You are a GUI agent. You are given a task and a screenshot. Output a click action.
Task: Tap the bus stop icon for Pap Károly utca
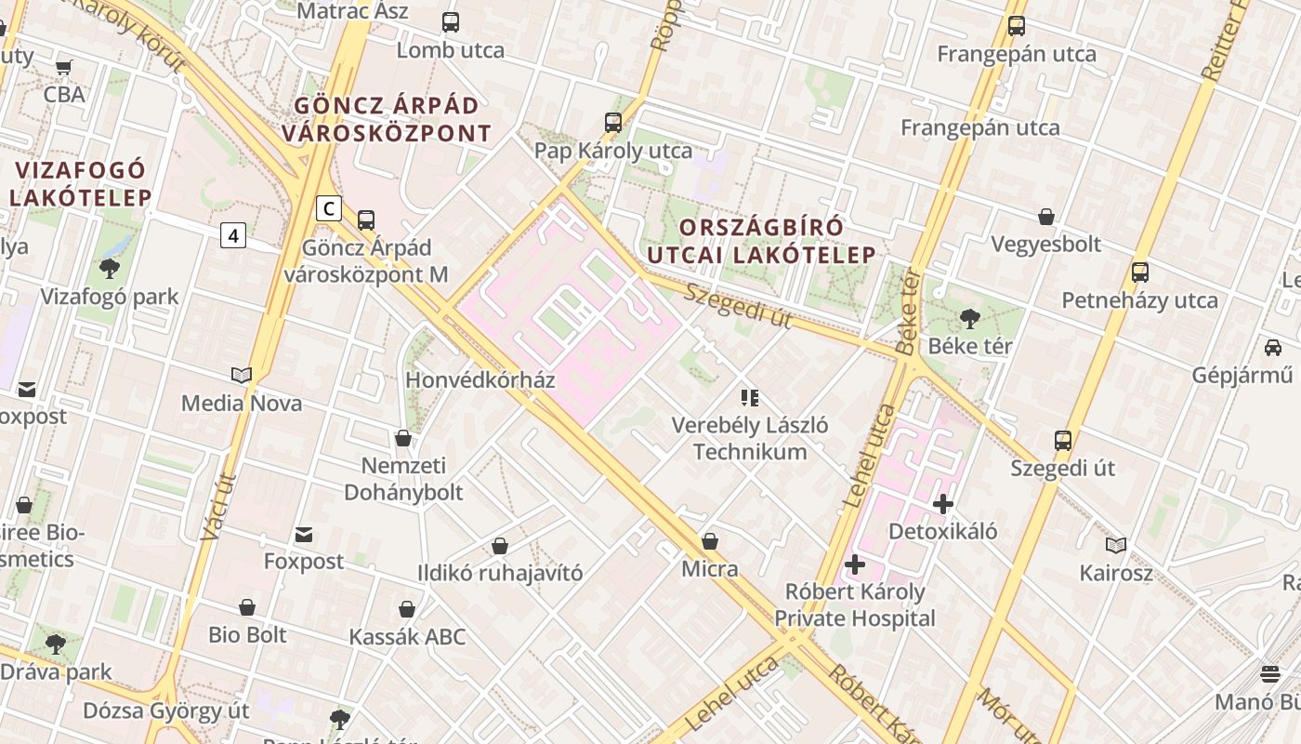pos(612,123)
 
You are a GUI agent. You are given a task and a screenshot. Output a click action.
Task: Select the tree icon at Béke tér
pos(969,319)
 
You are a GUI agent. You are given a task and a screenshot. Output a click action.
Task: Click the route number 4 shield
pos(233,236)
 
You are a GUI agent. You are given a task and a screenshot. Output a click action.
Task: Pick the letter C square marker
pos(328,208)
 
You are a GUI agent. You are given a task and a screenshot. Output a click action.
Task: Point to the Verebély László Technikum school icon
pos(750,398)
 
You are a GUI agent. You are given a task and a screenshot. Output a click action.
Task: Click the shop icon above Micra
pos(710,541)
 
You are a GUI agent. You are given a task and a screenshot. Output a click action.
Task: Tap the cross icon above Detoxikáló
pos(943,504)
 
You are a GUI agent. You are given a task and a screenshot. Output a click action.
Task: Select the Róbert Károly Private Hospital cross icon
pos(855,565)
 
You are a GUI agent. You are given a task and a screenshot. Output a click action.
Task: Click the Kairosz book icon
pos(1116,545)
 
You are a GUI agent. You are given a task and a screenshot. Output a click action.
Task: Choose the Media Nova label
pos(241,403)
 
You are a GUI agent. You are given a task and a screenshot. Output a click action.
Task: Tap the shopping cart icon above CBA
pos(64,67)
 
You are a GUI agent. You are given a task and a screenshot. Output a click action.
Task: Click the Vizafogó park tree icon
pos(109,270)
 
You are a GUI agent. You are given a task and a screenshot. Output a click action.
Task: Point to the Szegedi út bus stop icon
pos(1063,441)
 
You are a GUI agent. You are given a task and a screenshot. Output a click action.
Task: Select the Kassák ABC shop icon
pos(406,610)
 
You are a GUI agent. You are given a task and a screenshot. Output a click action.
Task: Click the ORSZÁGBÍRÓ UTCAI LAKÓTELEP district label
pos(777,241)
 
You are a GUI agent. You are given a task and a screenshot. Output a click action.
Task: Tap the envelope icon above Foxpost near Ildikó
pos(304,535)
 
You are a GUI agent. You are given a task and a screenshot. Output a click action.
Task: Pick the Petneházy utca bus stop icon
pos(1140,273)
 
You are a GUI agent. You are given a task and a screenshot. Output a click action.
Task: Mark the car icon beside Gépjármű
pos(1272,348)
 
